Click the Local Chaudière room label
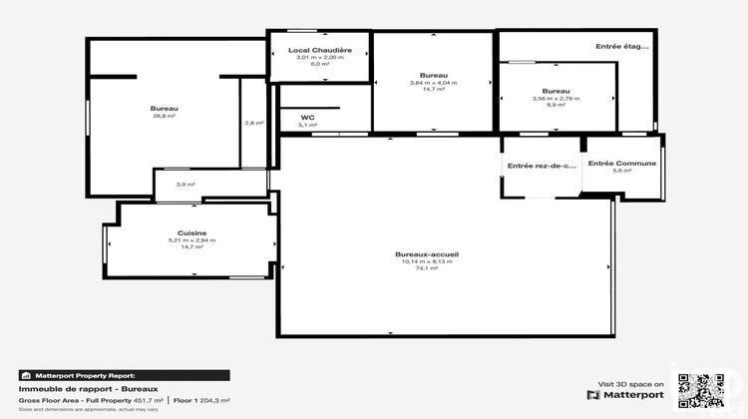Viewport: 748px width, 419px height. click(x=319, y=50)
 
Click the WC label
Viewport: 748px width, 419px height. click(x=308, y=116)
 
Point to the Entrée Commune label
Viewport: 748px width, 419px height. click(x=622, y=163)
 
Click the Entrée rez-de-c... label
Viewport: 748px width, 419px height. click(x=543, y=166)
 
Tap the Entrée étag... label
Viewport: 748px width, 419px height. click(x=622, y=46)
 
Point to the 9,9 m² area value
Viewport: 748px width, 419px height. click(x=557, y=105)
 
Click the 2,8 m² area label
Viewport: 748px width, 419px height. click(x=254, y=123)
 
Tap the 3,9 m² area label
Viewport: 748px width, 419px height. click(x=186, y=185)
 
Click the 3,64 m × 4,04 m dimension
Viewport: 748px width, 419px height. click(x=433, y=82)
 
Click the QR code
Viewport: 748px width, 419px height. click(x=699, y=390)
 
